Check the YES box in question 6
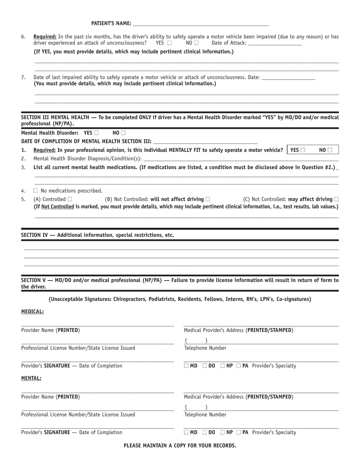[169, 43]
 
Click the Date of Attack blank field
[275, 43]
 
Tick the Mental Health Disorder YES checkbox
[96, 133]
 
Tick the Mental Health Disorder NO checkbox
[123, 133]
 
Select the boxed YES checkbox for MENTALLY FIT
[303, 150]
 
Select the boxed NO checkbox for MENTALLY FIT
[330, 150]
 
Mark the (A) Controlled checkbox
[70, 199]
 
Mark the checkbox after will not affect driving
[208, 199]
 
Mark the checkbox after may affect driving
[337, 199]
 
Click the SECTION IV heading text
[97, 235]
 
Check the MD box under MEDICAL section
[186, 366]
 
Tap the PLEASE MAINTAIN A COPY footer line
[180, 446]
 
